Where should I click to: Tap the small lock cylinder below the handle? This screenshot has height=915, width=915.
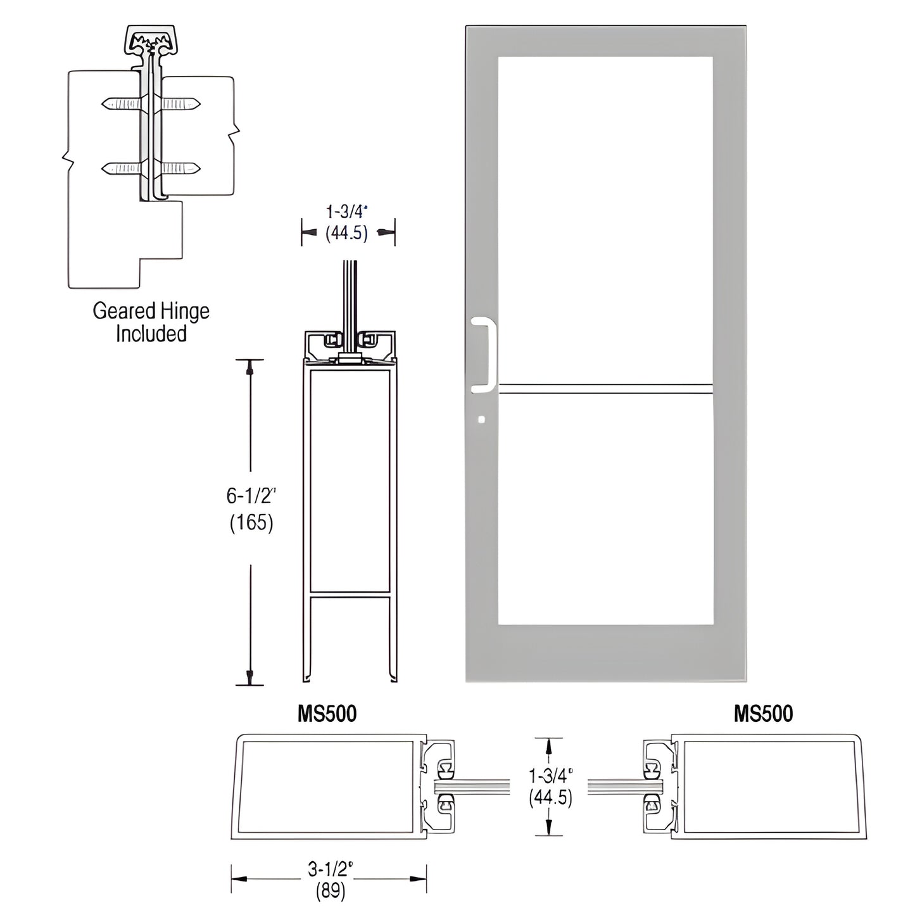[x=483, y=419]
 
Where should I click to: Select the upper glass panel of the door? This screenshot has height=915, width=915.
[x=605, y=218]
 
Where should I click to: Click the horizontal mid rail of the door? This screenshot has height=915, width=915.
[x=605, y=389]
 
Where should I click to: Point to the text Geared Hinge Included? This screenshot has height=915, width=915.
[x=151, y=322]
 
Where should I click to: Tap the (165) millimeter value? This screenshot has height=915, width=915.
[x=251, y=523]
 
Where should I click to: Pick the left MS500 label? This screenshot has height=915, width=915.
[x=327, y=714]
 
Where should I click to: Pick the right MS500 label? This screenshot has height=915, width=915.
[x=763, y=714]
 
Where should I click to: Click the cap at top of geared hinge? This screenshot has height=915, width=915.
[x=150, y=39]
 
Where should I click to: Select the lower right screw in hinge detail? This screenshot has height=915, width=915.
[x=181, y=168]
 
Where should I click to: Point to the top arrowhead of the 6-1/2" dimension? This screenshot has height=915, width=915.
[x=251, y=366]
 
